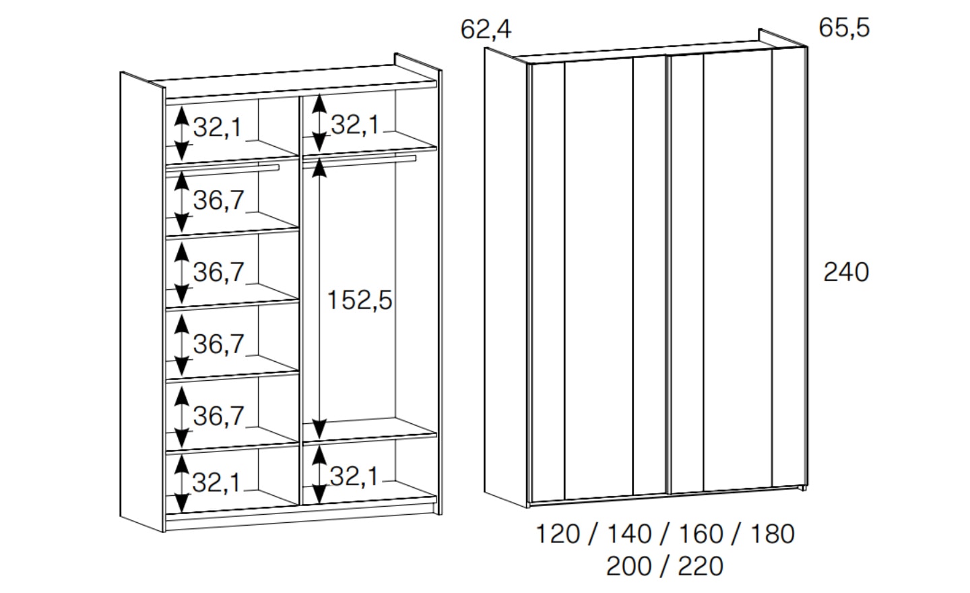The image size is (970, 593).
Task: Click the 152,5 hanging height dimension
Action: coord(360,300)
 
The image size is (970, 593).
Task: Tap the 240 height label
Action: coord(846,272)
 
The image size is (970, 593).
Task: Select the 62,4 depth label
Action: coord(486,30)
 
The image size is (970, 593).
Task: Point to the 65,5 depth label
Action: coord(844,28)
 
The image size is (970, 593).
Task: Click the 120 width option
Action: coord(558,534)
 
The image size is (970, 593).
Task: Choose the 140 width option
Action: coord(630,534)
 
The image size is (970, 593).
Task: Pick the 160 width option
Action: coord(701,534)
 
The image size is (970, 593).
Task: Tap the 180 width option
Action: coord(773,534)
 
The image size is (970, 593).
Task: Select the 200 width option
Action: coord(628,566)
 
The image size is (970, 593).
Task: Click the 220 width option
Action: coord(701,566)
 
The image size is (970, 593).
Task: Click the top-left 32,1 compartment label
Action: coord(217,128)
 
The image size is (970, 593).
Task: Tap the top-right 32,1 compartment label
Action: coord(355,125)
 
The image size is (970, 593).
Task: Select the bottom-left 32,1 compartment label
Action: coord(216,482)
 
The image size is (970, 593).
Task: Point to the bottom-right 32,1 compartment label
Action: coord(354,476)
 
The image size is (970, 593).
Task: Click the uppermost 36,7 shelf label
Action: coord(219,201)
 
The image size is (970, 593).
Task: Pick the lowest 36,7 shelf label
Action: coord(219,416)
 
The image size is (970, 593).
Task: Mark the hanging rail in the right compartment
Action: coord(360,160)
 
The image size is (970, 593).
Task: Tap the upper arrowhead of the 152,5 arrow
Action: coord(319,168)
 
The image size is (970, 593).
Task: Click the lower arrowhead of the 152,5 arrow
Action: coord(319,429)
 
